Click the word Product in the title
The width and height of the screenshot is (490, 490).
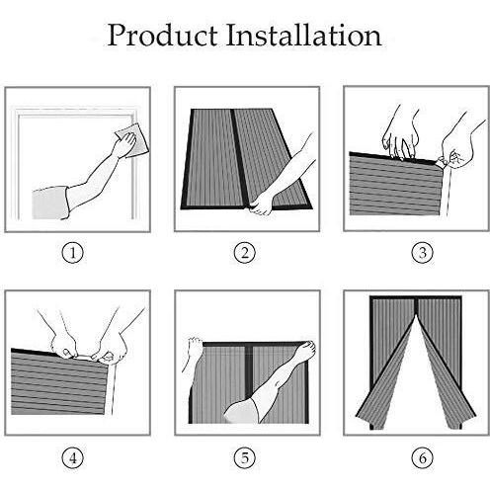(162, 35)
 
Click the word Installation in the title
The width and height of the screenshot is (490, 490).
(303, 35)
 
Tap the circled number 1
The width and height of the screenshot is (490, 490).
(73, 253)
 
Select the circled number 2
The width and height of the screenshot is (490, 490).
(245, 253)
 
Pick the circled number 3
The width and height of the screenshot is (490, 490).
(423, 253)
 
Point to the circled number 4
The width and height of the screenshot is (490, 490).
(73, 457)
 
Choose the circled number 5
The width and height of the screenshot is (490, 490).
(245, 457)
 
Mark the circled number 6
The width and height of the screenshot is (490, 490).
(423, 457)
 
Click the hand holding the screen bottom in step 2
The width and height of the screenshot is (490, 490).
(262, 204)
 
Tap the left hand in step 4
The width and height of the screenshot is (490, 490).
(64, 343)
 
